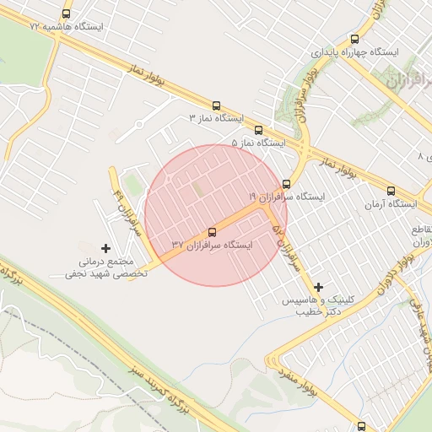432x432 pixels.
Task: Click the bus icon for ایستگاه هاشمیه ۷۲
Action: tap(67, 13)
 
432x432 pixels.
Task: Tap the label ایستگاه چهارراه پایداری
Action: tap(354, 51)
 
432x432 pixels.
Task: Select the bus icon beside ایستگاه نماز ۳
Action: tap(217, 106)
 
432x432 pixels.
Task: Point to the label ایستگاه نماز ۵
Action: tap(258, 143)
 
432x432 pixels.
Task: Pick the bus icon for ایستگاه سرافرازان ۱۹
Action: tap(287, 183)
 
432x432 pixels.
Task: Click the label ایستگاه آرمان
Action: tap(391, 204)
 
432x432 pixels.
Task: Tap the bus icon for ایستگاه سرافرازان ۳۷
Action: tap(212, 232)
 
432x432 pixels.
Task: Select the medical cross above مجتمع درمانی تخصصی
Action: tap(105, 248)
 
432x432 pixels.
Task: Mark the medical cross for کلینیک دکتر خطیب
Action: tap(318, 287)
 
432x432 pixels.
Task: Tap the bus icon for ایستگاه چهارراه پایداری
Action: tap(354, 39)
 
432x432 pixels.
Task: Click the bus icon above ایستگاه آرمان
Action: tap(391, 192)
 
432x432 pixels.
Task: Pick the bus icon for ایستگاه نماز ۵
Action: tap(258, 131)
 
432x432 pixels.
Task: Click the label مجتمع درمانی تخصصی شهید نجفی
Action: tap(107, 268)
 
